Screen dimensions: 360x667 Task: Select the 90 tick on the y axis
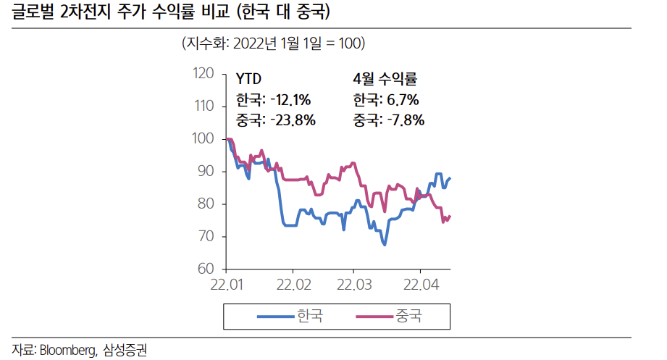point(206,172)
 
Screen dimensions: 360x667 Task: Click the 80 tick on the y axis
point(206,204)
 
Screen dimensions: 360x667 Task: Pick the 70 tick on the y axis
point(206,237)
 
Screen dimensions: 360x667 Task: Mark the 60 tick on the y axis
point(206,269)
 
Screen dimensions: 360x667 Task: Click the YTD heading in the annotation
point(249,78)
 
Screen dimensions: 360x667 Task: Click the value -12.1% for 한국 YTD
point(290,99)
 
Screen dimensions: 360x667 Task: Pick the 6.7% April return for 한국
point(403,99)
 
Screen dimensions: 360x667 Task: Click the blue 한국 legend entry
point(290,316)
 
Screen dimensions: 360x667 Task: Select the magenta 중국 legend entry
point(389,316)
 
